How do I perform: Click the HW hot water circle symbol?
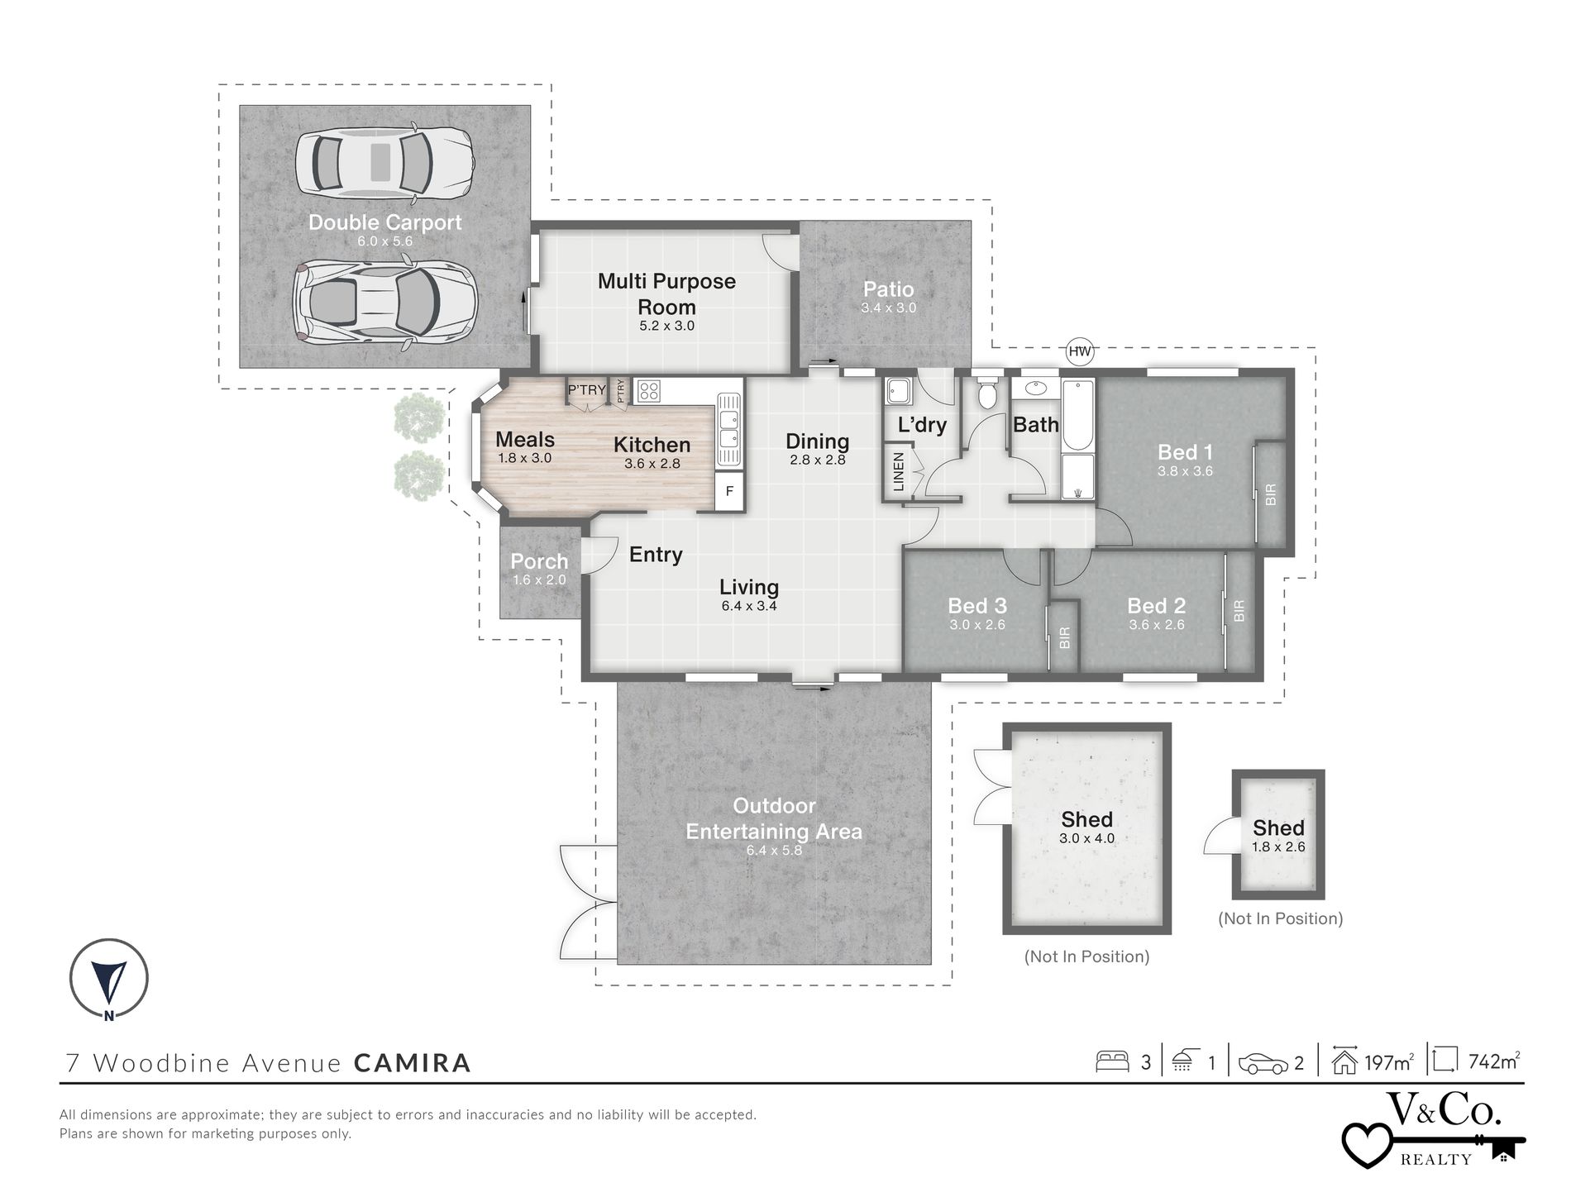tap(1080, 351)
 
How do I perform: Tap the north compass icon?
tap(108, 979)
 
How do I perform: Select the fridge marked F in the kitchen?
tap(729, 491)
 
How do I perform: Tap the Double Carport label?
tap(385, 222)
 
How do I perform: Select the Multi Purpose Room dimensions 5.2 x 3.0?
tap(666, 326)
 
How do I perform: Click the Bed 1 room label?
tap(1185, 452)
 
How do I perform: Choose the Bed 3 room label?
tap(977, 606)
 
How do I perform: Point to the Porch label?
tap(539, 561)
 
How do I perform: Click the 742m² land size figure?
tap(1494, 1061)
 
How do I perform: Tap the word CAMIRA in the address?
tap(413, 1062)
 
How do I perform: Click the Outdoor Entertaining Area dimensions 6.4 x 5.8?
tap(774, 850)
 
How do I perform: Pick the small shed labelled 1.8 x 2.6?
tap(1278, 834)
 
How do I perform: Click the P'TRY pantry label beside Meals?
tap(586, 389)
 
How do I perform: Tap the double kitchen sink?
tap(728, 428)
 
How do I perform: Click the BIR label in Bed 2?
tap(1239, 611)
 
